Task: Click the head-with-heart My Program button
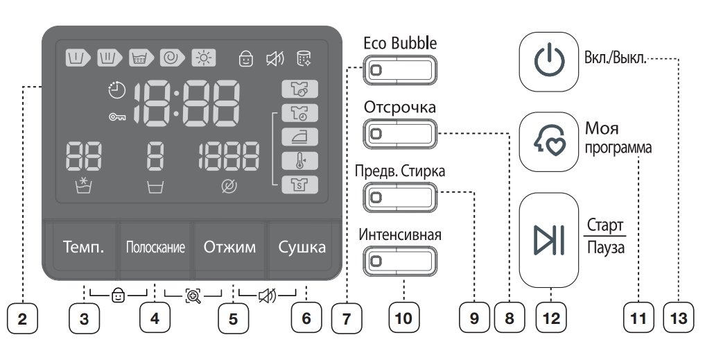pos(549,142)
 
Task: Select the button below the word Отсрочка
pos(400,134)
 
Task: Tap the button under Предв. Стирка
pos(400,197)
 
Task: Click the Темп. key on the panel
pos(84,248)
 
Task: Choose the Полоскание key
pos(155,248)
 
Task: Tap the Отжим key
pos(229,248)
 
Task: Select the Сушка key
pos(302,248)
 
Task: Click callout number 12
pos(551,318)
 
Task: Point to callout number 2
pos(22,318)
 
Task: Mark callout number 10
pos(403,318)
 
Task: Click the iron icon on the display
pos(300,137)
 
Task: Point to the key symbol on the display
pos(117,117)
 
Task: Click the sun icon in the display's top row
pos(204,58)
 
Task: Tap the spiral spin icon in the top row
pos(172,58)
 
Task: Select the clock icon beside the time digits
pos(117,90)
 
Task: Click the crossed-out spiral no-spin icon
pos(229,187)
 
